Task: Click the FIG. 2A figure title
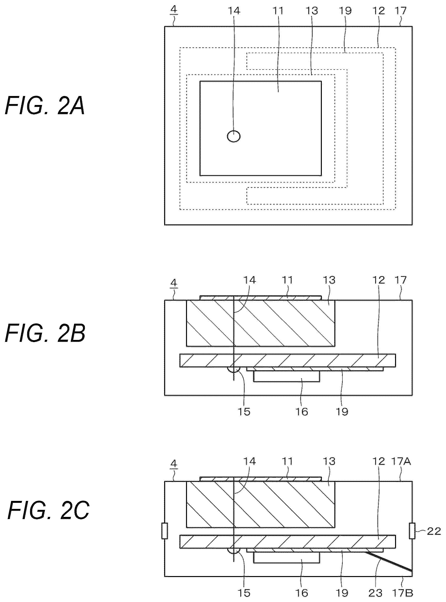point(45,106)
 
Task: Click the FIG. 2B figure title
point(45,334)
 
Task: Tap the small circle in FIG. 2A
point(234,136)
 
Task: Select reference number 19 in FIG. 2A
point(345,11)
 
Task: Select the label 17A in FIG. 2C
point(401,461)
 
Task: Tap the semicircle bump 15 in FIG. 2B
point(234,369)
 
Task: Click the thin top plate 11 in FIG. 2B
point(260,298)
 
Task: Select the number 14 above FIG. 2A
point(234,11)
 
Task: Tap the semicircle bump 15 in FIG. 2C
point(234,550)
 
